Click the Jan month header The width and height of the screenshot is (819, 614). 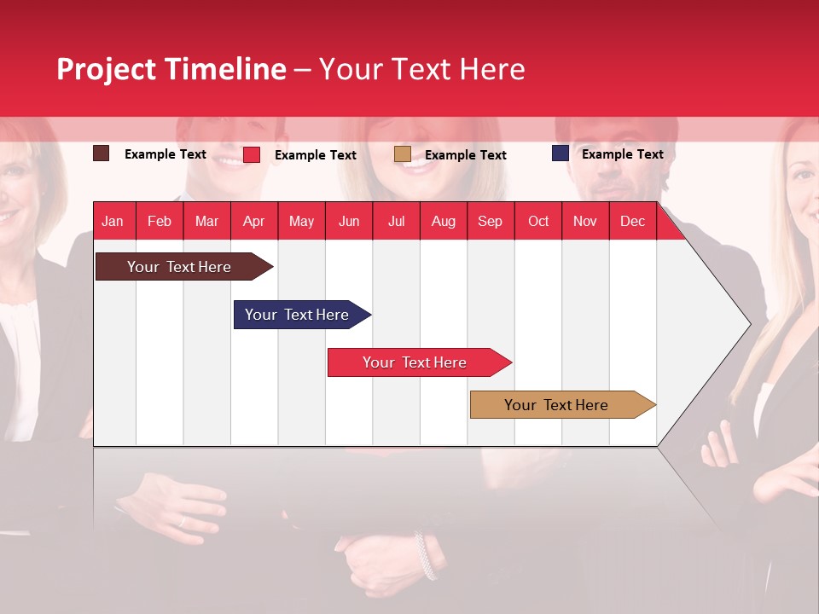113,221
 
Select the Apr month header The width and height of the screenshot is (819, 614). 254,221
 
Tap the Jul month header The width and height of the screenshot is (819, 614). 396,221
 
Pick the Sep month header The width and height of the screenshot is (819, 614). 491,221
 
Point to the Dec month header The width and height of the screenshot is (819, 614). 632,221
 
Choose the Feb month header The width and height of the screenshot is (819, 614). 160,221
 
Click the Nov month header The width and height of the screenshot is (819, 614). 585,221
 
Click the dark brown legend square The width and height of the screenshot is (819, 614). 102,153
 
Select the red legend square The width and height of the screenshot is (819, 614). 252,154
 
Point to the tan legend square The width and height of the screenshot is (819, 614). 403,154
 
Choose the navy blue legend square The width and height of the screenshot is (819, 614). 560,153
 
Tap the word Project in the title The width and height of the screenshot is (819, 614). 106,69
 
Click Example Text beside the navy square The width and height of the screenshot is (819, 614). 622,154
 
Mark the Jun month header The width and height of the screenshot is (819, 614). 349,221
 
